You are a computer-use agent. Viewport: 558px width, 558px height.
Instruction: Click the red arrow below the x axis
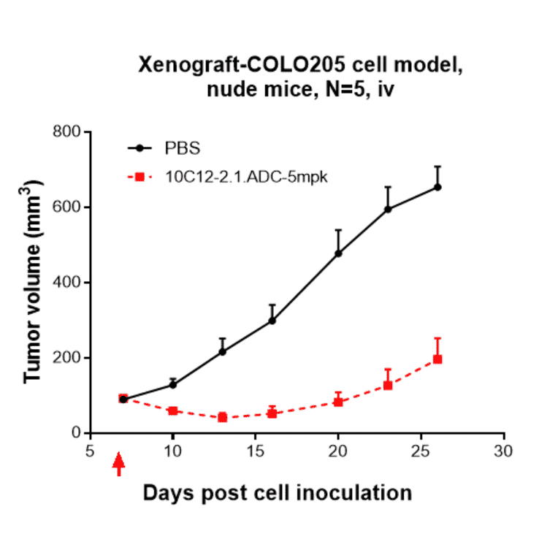pos(119,464)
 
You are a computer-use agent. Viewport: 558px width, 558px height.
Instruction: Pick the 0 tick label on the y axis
pos(75,433)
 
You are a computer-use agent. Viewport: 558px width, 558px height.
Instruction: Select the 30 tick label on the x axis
pos(503,452)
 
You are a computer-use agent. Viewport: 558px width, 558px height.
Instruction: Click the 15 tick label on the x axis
pos(255,452)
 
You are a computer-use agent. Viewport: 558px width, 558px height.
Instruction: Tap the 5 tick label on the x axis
pos(90,452)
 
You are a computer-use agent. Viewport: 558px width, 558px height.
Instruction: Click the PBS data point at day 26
pos(437,187)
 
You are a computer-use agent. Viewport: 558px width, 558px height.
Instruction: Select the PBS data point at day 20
pos(338,253)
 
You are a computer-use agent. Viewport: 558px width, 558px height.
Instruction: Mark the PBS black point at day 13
pos(222,351)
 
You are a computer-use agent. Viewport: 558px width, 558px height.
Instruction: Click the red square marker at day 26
pos(437,359)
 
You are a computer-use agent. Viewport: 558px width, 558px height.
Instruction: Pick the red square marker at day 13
pos(222,418)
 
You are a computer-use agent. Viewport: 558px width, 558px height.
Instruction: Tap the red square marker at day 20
pos(338,402)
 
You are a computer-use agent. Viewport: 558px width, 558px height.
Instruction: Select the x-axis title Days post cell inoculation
pos(277,493)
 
